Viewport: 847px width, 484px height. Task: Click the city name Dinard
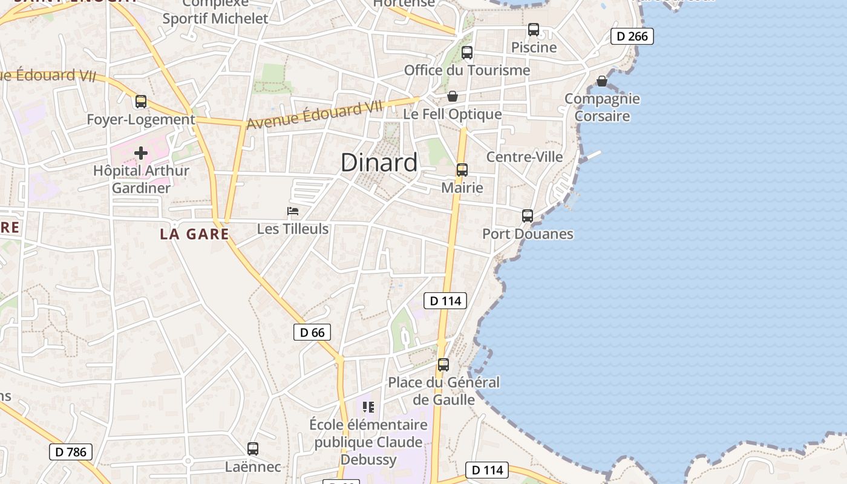(379, 162)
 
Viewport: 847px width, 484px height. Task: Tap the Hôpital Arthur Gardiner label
(141, 179)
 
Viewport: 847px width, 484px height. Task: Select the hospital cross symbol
(141, 153)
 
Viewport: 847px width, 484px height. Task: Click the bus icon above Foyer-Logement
(141, 102)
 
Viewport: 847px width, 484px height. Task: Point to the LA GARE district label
(194, 234)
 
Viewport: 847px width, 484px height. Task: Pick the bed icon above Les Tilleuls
(293, 211)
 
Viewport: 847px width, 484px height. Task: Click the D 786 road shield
(71, 451)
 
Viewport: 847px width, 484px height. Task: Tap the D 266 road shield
(632, 36)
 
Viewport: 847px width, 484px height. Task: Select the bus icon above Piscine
(533, 30)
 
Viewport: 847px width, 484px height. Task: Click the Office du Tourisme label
(466, 70)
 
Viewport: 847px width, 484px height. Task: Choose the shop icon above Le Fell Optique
(452, 96)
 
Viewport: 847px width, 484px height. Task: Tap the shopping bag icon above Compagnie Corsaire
(602, 81)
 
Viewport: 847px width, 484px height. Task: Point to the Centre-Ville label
(525, 157)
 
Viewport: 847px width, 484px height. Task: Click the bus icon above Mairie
(462, 170)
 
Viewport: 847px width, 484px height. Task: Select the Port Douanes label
(528, 234)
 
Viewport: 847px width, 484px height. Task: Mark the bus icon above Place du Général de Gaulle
(443, 365)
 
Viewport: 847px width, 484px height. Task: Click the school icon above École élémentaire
(368, 407)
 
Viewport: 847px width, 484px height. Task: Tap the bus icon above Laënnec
(253, 449)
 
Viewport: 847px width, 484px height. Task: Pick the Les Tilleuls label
(293, 229)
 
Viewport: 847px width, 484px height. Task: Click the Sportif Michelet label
(215, 18)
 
